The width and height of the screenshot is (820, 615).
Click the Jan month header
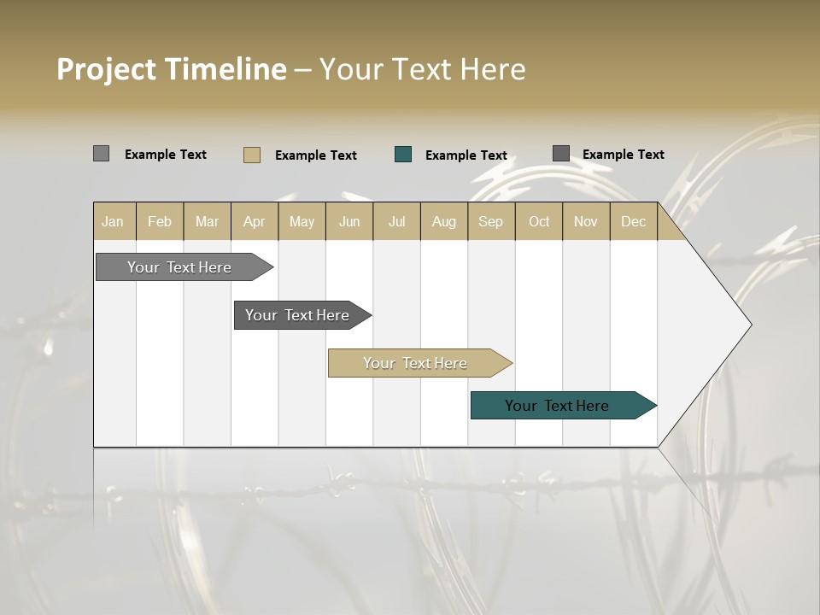click(114, 221)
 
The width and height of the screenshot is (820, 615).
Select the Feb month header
click(160, 221)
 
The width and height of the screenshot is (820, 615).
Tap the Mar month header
click(207, 221)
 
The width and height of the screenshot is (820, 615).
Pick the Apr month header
click(255, 221)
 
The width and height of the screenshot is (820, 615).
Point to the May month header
click(302, 221)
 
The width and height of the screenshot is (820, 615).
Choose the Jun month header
click(349, 221)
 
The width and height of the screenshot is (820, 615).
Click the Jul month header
click(396, 221)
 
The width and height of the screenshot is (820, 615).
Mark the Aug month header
click(444, 221)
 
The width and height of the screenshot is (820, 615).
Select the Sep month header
click(491, 221)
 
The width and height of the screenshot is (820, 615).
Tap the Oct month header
click(539, 221)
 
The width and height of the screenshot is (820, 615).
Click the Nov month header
click(586, 221)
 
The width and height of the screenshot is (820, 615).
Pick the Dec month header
click(634, 221)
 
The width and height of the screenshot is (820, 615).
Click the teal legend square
click(403, 155)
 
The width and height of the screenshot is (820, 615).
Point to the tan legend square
click(252, 155)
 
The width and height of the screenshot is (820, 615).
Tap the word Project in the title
click(107, 69)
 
